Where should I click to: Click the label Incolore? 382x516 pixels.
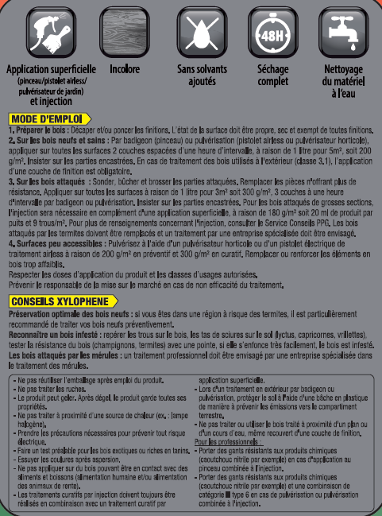125,69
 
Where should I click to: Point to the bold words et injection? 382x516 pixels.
50,102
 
